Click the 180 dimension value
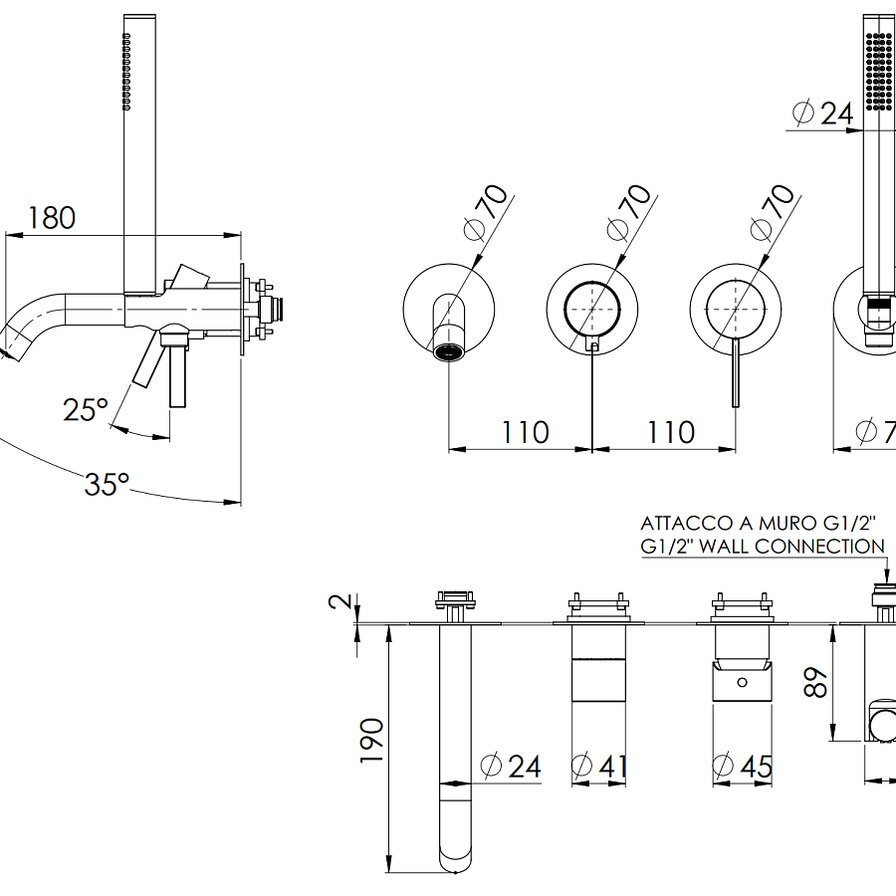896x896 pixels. pyautogui.click(x=52, y=217)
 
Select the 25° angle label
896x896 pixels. pyautogui.click(x=86, y=409)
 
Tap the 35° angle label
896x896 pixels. pyautogui.click(x=107, y=485)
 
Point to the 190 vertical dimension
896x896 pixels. pyautogui.click(x=370, y=739)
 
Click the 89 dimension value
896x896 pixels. pyautogui.click(x=816, y=682)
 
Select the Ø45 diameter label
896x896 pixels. pyautogui.click(x=743, y=767)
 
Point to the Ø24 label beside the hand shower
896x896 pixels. pyautogui.click(x=823, y=113)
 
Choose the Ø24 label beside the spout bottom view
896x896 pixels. pyautogui.click(x=511, y=767)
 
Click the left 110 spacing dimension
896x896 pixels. pyautogui.click(x=525, y=432)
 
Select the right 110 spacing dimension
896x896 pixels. pyautogui.click(x=671, y=432)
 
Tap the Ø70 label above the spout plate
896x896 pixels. pyautogui.click(x=488, y=211)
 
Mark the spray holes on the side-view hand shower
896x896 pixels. pyautogui.click(x=126, y=70)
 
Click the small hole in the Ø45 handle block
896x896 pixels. pyautogui.click(x=743, y=683)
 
